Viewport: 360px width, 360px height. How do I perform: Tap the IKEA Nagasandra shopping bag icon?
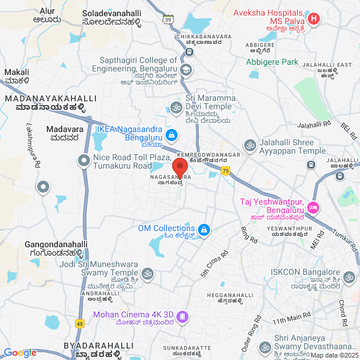tap(172, 135)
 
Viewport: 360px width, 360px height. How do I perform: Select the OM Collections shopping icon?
tap(204, 230)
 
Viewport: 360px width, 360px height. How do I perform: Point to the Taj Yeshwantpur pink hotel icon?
tap(313, 208)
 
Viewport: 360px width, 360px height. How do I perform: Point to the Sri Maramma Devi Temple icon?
tap(176, 107)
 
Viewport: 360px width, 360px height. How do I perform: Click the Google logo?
tap(20, 353)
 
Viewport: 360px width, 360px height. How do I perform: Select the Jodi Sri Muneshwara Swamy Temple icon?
tap(149, 274)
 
